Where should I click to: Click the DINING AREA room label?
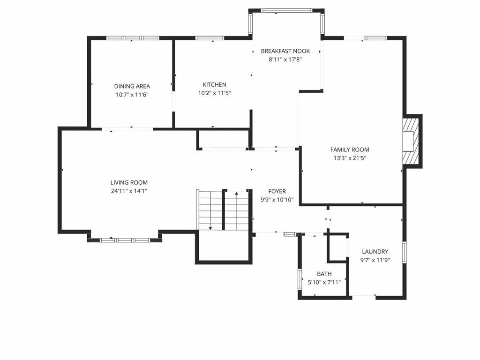click(132, 86)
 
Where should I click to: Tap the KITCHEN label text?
click(214, 85)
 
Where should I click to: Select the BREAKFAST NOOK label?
click(285, 51)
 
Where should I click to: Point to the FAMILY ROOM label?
click(350, 150)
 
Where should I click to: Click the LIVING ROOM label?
click(129, 182)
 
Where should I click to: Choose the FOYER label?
click(277, 191)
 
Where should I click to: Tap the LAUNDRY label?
click(375, 252)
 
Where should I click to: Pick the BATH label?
click(324, 274)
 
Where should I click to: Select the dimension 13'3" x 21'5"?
click(350, 158)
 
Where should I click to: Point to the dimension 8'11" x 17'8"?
click(285, 60)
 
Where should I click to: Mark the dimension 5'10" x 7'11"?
click(324, 282)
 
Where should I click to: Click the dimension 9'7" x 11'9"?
click(375, 260)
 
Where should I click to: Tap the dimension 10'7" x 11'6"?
click(132, 95)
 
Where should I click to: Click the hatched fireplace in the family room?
click(411, 141)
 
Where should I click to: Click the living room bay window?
click(125, 240)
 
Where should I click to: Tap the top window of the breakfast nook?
click(286, 10)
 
